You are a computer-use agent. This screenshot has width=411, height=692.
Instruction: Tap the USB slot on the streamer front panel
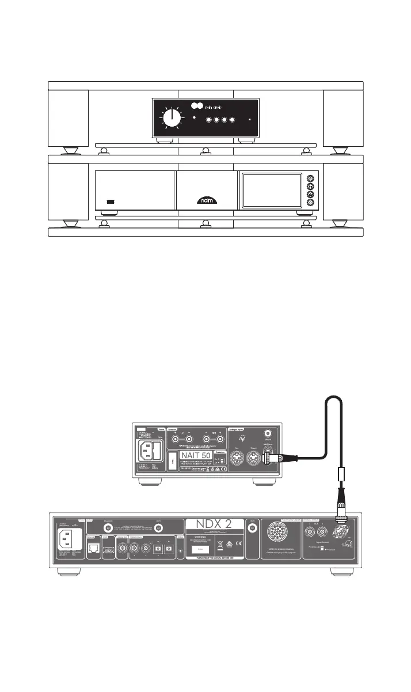111,202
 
